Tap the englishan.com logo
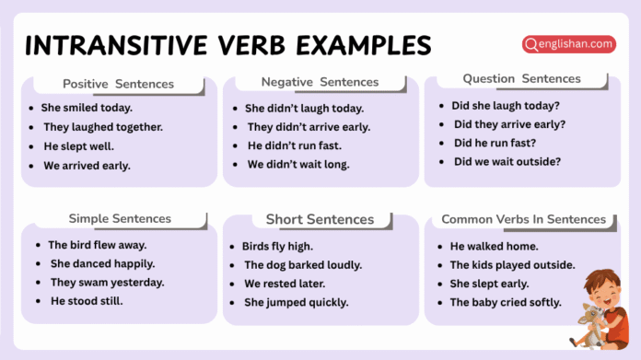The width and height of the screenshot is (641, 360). (x=568, y=44)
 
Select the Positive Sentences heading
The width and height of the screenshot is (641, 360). (x=118, y=84)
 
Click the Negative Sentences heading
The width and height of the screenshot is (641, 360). (x=320, y=82)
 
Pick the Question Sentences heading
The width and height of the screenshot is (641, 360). (x=521, y=79)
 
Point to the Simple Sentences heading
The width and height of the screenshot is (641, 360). (x=120, y=219)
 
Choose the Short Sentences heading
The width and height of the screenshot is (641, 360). (x=320, y=220)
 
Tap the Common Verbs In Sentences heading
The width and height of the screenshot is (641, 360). (x=524, y=219)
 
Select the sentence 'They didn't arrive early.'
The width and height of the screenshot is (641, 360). (x=309, y=127)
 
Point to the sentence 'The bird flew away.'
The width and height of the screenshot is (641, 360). (x=98, y=245)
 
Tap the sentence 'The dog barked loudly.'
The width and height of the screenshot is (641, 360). (x=303, y=265)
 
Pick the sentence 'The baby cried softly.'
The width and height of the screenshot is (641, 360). (x=505, y=302)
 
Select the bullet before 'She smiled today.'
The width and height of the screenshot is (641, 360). (x=32, y=108)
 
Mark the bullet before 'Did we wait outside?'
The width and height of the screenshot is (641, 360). (x=443, y=162)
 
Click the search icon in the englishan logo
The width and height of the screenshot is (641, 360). (x=530, y=44)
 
